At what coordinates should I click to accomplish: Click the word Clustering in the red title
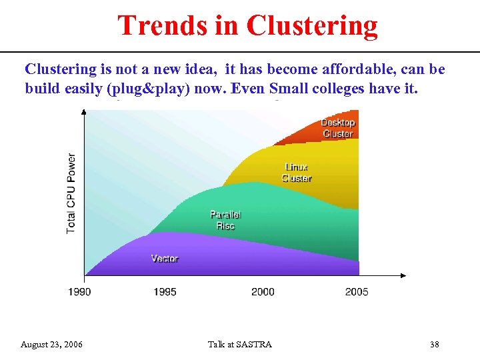[x=311, y=26]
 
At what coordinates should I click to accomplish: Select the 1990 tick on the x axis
[x=79, y=291]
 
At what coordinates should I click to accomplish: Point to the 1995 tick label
[x=165, y=291]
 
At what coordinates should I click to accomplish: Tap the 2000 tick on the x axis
[x=263, y=291]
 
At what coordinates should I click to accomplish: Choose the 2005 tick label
[x=357, y=291]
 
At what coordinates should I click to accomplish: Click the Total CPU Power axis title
[x=71, y=193]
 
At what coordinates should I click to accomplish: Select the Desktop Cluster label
[x=338, y=128]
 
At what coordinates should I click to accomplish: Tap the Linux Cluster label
[x=297, y=173]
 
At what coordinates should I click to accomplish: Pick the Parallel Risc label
[x=225, y=220]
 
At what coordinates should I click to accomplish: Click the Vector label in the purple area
[x=165, y=258]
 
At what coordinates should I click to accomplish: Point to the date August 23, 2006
[x=52, y=345]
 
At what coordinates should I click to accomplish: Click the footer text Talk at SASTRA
[x=240, y=345]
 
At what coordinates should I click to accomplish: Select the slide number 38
[x=435, y=345]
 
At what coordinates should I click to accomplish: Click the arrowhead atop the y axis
[x=83, y=112]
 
